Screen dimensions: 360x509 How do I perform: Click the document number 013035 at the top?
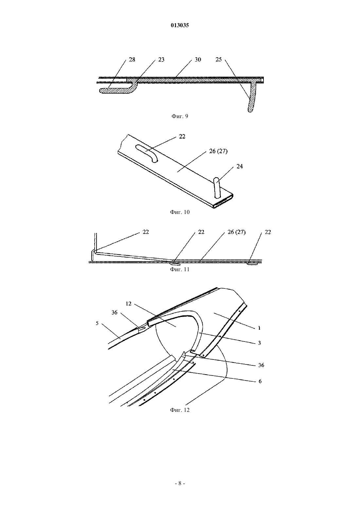tap(180, 26)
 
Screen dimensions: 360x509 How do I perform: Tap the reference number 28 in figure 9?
tap(132, 60)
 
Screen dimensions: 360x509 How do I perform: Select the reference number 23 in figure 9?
tap(161, 60)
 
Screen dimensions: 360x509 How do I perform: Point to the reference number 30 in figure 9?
tap(198, 60)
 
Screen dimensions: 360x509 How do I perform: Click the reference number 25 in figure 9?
tap(218, 60)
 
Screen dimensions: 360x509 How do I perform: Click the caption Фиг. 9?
tap(180, 116)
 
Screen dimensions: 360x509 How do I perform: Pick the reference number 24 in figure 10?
tap(240, 166)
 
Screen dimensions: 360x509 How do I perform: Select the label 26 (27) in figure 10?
tap(218, 151)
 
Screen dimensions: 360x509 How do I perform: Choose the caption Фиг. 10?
tap(180, 212)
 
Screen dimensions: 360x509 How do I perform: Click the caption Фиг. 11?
tap(180, 270)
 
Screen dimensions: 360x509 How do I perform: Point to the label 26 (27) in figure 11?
tap(236, 232)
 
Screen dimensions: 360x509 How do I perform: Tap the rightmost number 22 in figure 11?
tap(268, 232)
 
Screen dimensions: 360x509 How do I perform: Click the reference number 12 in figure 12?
tap(129, 304)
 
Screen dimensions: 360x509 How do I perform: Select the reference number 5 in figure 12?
tap(97, 323)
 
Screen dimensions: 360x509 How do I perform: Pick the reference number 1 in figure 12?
tap(259, 328)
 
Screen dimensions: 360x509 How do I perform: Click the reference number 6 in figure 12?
tap(260, 381)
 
